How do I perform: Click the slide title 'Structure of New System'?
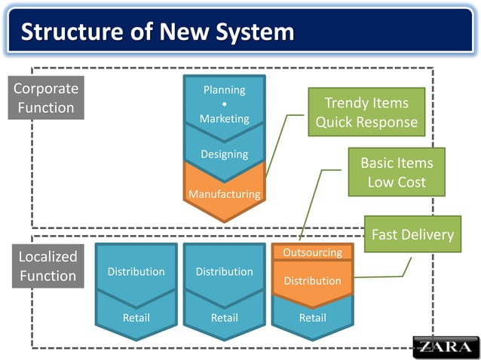(x=157, y=32)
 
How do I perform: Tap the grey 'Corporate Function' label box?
(x=45, y=98)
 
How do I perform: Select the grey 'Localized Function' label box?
(x=47, y=267)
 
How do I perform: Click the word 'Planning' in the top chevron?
(x=224, y=90)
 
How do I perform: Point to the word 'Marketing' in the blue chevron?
(x=224, y=118)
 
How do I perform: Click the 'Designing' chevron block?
(x=224, y=154)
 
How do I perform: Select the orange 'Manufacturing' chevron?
(x=224, y=194)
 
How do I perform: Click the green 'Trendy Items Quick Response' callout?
(x=366, y=112)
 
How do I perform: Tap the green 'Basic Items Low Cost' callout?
(x=397, y=172)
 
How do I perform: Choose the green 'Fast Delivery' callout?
(x=412, y=234)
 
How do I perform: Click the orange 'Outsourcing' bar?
(x=312, y=252)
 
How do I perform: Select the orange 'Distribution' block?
(x=312, y=281)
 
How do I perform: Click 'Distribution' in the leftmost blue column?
(x=136, y=271)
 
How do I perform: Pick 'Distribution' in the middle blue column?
(x=224, y=271)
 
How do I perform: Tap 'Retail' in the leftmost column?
(x=136, y=318)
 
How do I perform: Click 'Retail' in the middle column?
(x=224, y=318)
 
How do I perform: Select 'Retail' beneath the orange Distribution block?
(x=312, y=318)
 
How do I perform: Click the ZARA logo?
(x=445, y=346)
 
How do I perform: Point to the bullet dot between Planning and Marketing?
(x=225, y=104)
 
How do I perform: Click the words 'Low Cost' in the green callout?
(x=397, y=182)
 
